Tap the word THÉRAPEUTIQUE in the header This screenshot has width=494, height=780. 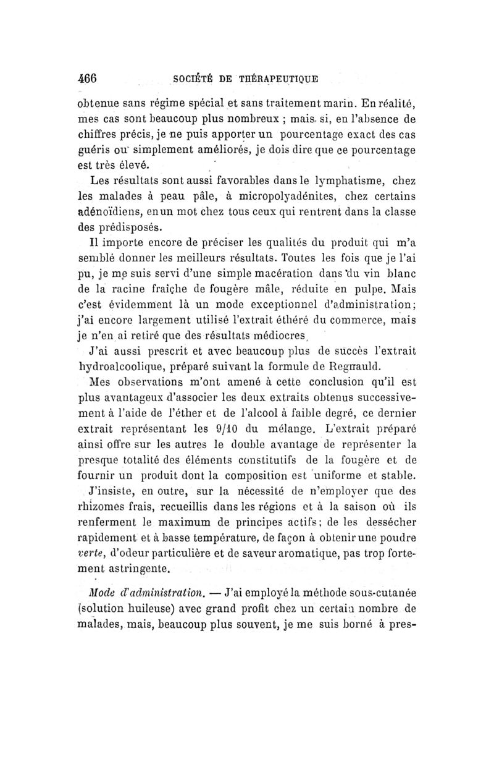point(285,78)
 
